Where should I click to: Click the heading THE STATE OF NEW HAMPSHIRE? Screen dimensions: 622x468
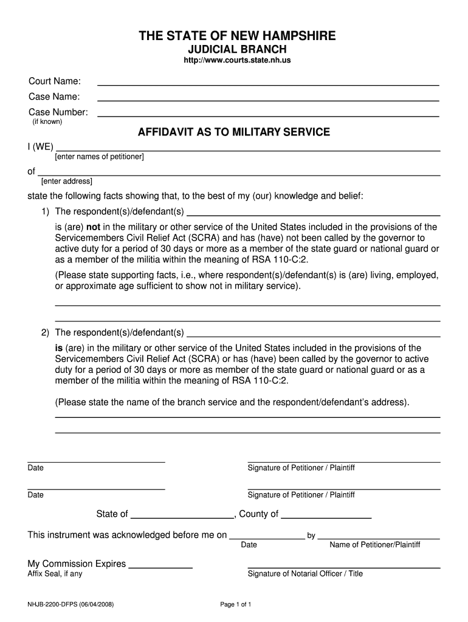point(236,36)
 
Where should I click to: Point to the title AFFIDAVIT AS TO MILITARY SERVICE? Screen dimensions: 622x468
point(234,132)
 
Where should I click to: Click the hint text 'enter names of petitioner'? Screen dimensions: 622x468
point(99,157)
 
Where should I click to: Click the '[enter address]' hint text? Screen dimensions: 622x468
point(67,181)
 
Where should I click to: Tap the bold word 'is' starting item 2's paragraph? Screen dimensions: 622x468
point(59,348)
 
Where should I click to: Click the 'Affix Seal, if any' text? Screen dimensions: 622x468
point(55,573)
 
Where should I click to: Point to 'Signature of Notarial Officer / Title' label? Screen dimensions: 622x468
point(305,573)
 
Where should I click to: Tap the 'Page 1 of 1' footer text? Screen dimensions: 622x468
point(235,604)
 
